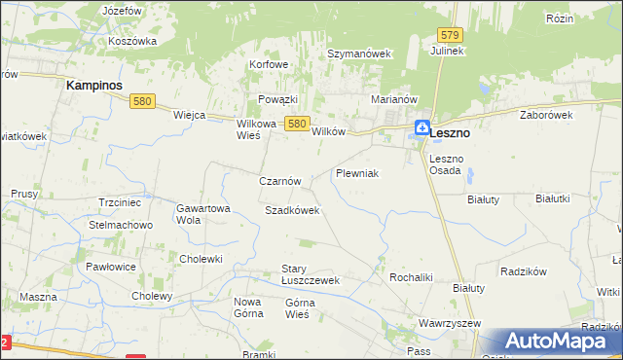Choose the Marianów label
[x=394, y=99]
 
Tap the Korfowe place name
[x=270, y=65]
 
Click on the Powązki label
[x=277, y=99]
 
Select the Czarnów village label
[x=285, y=181]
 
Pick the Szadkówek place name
[x=292, y=210]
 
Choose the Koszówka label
[x=133, y=41]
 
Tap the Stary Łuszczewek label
[x=310, y=274]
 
